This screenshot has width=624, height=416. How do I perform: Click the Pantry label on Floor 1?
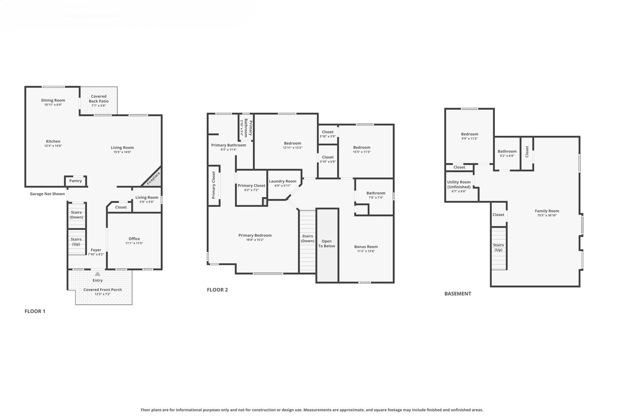pyautogui.click(x=76, y=181)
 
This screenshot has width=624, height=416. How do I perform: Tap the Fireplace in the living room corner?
pyautogui.click(x=154, y=179)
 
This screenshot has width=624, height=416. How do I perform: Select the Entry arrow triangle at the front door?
pyautogui.click(x=97, y=274)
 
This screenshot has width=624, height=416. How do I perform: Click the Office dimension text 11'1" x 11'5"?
pyautogui.click(x=134, y=243)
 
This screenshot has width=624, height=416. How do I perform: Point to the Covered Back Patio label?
pyautogui.click(x=99, y=99)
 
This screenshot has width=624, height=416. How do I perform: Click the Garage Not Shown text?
pyautogui.click(x=47, y=194)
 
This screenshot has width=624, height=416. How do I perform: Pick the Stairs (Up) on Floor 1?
pyautogui.click(x=76, y=242)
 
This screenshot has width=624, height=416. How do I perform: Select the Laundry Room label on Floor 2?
pyautogui.click(x=282, y=181)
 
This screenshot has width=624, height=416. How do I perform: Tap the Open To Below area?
pyautogui.click(x=327, y=244)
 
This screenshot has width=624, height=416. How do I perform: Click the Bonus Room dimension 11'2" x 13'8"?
pyautogui.click(x=366, y=251)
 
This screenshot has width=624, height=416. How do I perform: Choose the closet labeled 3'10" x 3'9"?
pyautogui.click(x=328, y=134)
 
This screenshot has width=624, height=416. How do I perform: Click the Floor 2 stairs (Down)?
pyautogui.click(x=307, y=238)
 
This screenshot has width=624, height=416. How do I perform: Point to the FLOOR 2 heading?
pyautogui.click(x=217, y=290)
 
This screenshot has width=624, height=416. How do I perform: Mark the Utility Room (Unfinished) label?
pyautogui.click(x=459, y=185)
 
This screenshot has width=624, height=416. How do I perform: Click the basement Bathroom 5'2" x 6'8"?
pyautogui.click(x=507, y=153)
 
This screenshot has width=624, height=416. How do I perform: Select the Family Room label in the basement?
pyautogui.click(x=547, y=211)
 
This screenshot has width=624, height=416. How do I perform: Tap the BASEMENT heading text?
pyautogui.click(x=458, y=294)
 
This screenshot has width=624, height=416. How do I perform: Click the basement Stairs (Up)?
pyautogui.click(x=498, y=247)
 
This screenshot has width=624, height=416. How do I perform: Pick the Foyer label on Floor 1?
pyautogui.click(x=96, y=250)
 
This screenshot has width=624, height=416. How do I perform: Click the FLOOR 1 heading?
pyautogui.click(x=35, y=311)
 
